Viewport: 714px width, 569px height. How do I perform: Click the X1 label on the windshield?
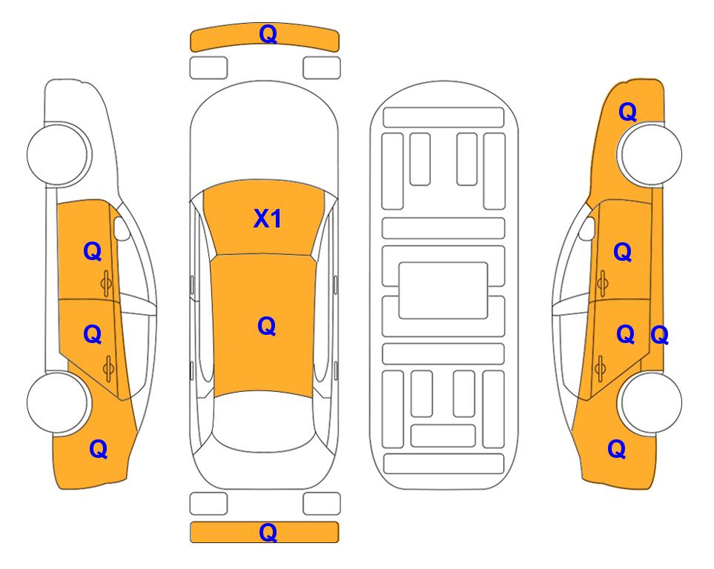click(268, 219)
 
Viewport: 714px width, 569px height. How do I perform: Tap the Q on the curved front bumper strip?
click(268, 34)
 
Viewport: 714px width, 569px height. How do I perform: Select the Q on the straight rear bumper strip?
click(268, 532)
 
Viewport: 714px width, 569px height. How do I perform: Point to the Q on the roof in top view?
click(267, 326)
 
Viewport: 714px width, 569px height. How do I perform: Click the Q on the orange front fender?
click(627, 112)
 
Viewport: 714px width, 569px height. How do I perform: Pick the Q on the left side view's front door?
click(93, 251)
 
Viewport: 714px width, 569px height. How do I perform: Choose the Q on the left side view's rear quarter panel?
click(99, 449)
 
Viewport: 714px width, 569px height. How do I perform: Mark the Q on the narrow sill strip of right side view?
click(659, 336)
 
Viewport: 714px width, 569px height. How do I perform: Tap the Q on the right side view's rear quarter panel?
click(617, 449)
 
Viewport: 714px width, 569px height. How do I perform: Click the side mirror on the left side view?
click(121, 228)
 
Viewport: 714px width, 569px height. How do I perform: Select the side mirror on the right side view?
click(587, 228)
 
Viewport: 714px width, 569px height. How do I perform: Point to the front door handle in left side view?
click(107, 283)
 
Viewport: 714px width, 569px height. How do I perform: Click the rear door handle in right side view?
click(600, 369)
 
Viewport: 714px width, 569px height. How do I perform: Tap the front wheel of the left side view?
click(59, 154)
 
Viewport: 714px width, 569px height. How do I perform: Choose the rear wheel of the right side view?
click(650, 402)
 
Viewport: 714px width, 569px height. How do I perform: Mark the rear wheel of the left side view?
click(59, 402)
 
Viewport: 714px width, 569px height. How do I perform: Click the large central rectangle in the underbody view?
click(443, 290)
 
